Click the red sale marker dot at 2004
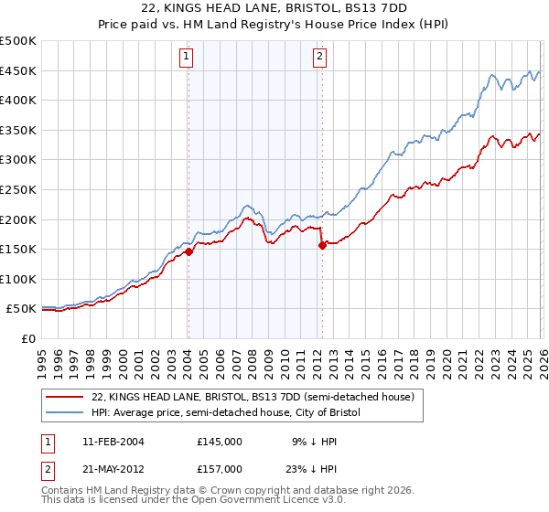(x=188, y=251)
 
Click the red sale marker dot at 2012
(x=322, y=245)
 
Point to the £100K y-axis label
(x=18, y=279)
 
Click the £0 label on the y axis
(x=27, y=338)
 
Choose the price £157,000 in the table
(x=219, y=469)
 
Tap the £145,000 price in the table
(x=219, y=442)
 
